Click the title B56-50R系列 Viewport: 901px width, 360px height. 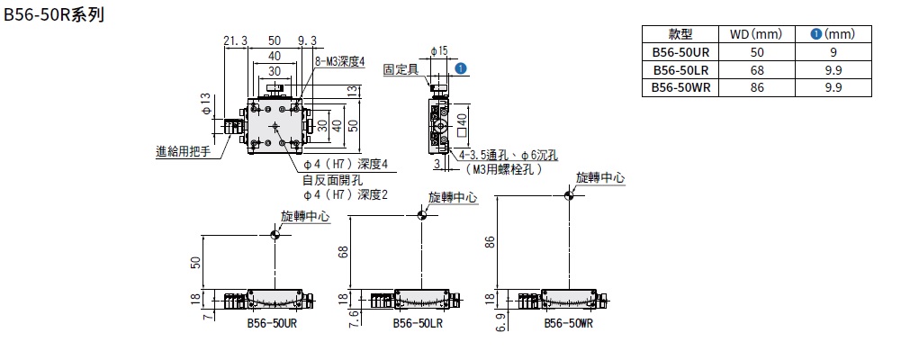pos(55,15)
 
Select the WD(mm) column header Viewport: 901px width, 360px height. pos(752,34)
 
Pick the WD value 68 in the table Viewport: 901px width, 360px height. pos(752,69)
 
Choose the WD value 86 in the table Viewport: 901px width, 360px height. pos(752,87)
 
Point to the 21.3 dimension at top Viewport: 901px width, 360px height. pos(235,40)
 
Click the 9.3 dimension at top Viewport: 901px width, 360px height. pos(307,40)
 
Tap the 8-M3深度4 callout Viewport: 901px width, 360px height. pos(339,61)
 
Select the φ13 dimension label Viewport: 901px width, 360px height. pos(205,103)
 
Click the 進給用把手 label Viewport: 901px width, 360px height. pos(183,152)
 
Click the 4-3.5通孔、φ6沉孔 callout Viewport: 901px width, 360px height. pos(509,155)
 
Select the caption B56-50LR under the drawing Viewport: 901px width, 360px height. pos(416,324)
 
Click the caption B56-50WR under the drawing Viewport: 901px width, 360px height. pos(568,324)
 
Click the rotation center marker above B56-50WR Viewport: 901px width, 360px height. pos(569,194)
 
